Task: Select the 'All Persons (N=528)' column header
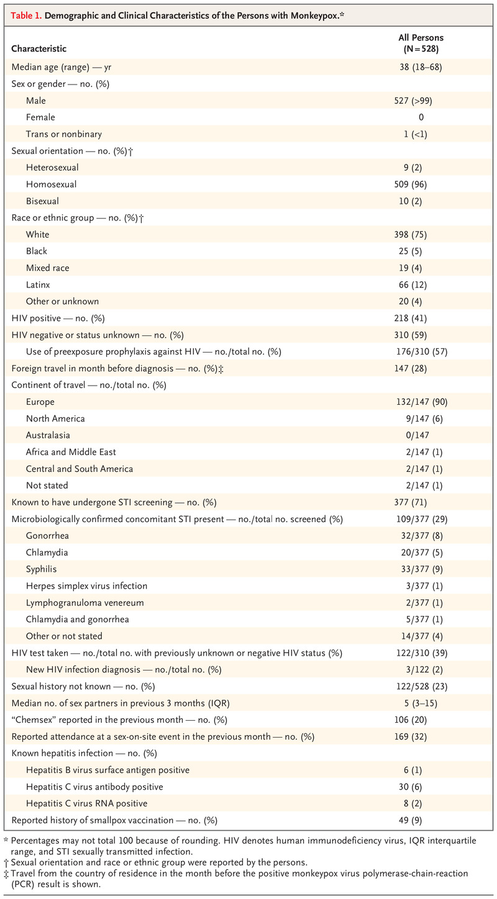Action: click(x=421, y=43)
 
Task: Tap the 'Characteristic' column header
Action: click(x=39, y=48)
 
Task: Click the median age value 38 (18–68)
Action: click(x=421, y=67)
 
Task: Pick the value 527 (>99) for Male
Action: click(x=413, y=101)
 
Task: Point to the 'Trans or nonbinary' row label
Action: click(x=64, y=134)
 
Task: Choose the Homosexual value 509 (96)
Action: click(x=410, y=184)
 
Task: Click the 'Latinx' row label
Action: click(x=38, y=284)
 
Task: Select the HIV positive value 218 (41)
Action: click(x=410, y=318)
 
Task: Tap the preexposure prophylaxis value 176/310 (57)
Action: click(x=422, y=352)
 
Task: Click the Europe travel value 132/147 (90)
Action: click(x=422, y=402)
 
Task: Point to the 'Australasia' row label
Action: click(x=48, y=435)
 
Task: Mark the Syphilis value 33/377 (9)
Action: click(x=422, y=569)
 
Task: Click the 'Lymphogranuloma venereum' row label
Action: click(x=84, y=603)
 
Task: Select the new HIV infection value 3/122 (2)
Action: click(x=424, y=669)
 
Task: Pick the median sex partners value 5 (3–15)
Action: click(x=421, y=703)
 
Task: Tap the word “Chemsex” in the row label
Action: click(x=34, y=720)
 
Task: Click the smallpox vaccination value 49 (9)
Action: click(x=410, y=820)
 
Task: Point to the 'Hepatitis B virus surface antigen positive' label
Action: click(x=107, y=770)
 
